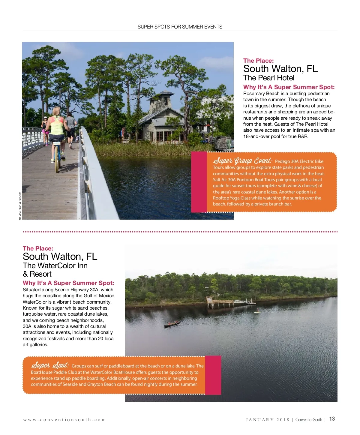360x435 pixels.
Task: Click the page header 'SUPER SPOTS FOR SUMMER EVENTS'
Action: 180,27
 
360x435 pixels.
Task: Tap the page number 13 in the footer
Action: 332,419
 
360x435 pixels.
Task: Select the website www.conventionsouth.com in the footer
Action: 64,420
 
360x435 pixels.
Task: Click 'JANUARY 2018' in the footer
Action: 268,420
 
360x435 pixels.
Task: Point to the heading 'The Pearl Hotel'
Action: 269,78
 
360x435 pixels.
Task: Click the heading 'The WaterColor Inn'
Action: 55,266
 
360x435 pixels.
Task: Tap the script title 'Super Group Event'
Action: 242,161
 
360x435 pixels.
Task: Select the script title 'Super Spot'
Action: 50,365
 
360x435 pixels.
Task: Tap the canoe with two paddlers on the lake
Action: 172,324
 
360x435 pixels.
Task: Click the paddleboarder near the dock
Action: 257,311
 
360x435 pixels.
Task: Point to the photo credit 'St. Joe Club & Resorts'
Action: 20,206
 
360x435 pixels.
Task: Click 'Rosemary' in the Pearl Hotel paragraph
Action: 253,94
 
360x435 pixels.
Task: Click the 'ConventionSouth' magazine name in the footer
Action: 309,420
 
